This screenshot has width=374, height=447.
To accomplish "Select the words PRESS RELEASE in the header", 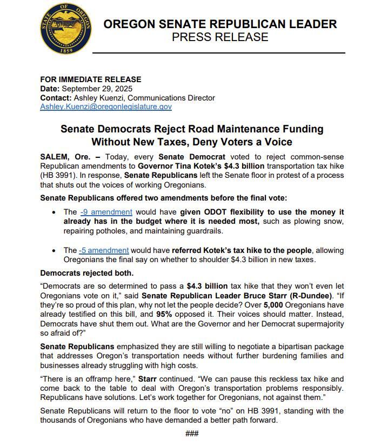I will coord(220,37).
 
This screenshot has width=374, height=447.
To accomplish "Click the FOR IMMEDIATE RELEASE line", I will coord(91,79).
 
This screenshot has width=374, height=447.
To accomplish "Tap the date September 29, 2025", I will coord(97,89).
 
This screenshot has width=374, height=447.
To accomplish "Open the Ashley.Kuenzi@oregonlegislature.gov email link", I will coord(106,107).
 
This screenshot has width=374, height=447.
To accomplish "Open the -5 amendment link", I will coord(104,250).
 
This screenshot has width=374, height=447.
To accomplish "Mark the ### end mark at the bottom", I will coord(192,433).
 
